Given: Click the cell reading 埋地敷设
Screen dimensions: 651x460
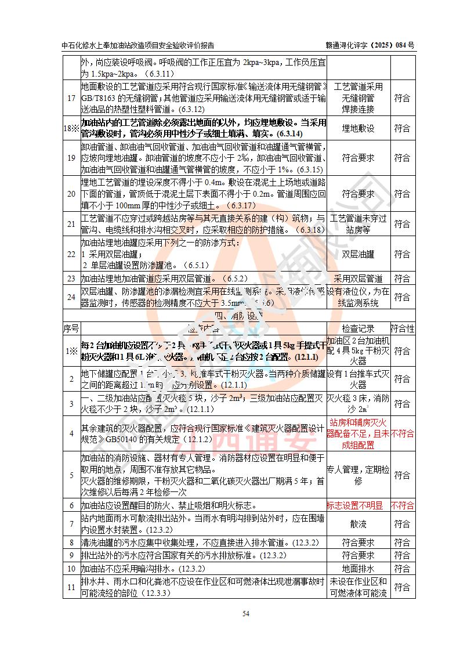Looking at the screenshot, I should [x=358, y=128].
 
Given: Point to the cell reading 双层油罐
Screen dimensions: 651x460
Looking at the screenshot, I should [x=358, y=254].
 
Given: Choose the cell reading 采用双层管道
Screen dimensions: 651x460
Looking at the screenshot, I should [x=358, y=279].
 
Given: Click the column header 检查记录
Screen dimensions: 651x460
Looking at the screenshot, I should [x=358, y=328].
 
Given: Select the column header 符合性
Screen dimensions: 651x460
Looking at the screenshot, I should [x=403, y=328].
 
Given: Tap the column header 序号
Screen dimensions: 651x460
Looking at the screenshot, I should [x=71, y=328].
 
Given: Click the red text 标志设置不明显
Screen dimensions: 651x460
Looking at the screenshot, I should [x=355, y=505].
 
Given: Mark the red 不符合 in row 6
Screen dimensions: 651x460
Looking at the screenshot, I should [x=403, y=505].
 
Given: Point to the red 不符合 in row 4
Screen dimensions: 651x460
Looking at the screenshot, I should [x=403, y=433].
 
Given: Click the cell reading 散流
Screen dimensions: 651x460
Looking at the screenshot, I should [x=358, y=523].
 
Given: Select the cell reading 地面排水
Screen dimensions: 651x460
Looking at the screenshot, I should [x=358, y=569].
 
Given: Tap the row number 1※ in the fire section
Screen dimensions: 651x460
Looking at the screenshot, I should [x=71, y=350].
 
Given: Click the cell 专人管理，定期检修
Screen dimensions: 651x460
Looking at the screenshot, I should [x=358, y=475].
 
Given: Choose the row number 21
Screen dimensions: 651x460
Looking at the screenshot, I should [x=71, y=224].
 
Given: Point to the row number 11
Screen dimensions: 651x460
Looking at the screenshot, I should [x=71, y=587].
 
